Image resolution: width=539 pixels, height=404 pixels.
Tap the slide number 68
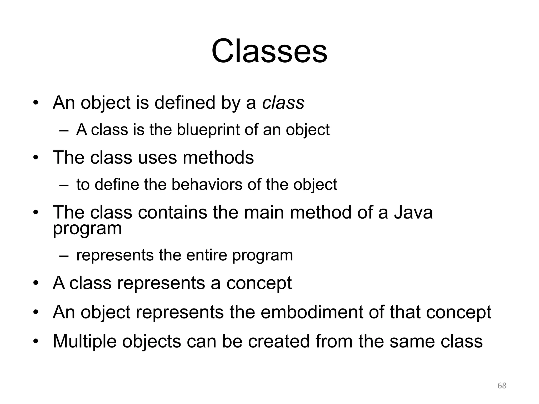(502, 386)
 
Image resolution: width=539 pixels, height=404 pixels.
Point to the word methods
(218, 158)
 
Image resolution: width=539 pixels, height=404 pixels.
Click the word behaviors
(207, 184)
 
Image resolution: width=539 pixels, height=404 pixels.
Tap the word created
(279, 341)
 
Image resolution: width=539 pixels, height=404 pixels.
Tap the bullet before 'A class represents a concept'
(36, 284)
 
